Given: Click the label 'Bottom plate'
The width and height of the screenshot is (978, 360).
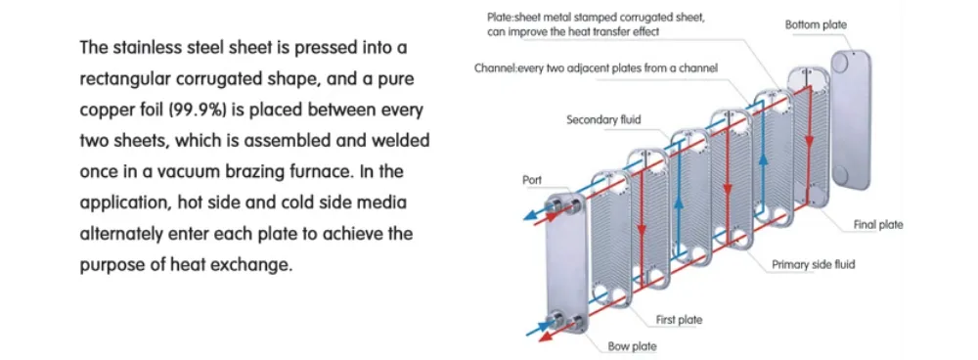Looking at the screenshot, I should point(816,23).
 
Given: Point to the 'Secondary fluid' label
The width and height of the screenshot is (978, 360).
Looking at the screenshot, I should point(603,119).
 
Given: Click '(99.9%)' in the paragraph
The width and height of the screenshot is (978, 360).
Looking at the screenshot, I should point(228,109).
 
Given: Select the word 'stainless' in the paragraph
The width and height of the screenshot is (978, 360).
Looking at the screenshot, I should point(147,47).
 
